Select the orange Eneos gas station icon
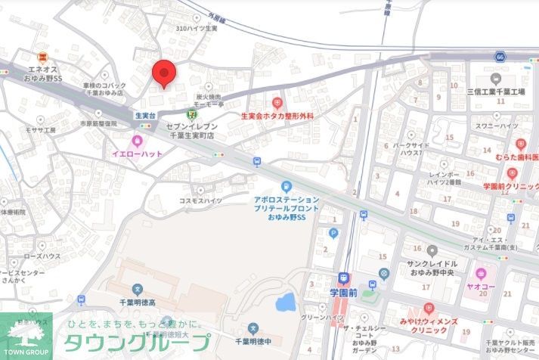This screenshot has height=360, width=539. [x=43, y=56]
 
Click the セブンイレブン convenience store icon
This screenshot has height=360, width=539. [x=192, y=114]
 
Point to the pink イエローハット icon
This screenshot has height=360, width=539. [x=137, y=141]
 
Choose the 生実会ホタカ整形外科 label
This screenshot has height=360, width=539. [x=277, y=116]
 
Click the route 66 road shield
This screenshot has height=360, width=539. [x=500, y=57]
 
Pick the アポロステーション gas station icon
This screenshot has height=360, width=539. [x=287, y=186]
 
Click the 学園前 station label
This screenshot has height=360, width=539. [x=344, y=292]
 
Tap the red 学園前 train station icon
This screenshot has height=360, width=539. [x=344, y=278]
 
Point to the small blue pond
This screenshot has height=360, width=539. [x=286, y=303]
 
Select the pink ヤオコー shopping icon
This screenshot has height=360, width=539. [x=480, y=272]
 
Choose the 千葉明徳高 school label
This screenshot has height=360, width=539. [x=137, y=302]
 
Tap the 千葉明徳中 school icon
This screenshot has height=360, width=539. [x=254, y=328]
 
